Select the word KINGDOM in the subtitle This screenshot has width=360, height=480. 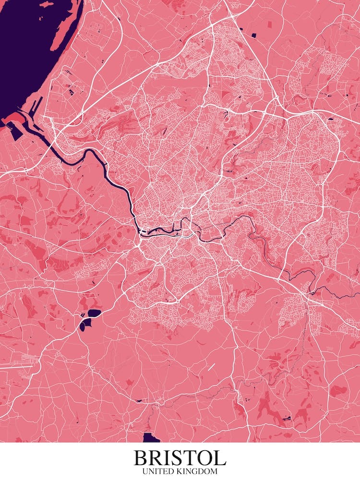[x=197, y=472]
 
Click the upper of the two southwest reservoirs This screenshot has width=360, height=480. [x=94, y=313]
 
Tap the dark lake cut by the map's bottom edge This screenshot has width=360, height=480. [x=151, y=438]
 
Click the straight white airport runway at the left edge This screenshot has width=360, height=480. [x=17, y=366]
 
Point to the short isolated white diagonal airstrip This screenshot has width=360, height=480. [x=212, y=367]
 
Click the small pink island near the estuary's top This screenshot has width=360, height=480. [x=47, y=4]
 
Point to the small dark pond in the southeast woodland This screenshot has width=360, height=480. [x=287, y=419]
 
